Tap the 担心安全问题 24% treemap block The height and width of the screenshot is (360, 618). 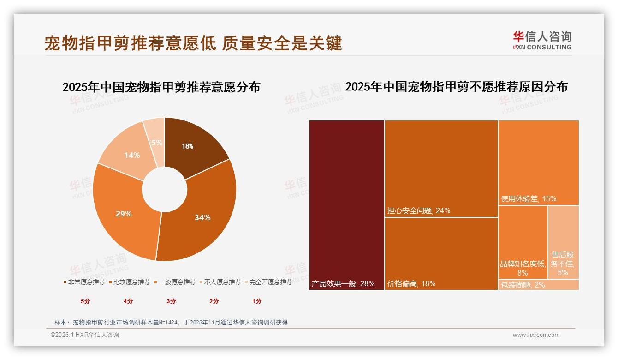[441, 168]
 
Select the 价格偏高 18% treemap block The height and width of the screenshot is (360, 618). [441, 253]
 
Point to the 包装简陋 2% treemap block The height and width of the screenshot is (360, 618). [538, 285]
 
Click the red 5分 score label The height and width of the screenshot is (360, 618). [86, 301]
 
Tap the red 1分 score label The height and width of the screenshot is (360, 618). [257, 301]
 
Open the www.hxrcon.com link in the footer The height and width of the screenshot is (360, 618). [536, 335]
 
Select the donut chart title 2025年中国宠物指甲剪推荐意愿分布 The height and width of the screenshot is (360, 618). [161, 87]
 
